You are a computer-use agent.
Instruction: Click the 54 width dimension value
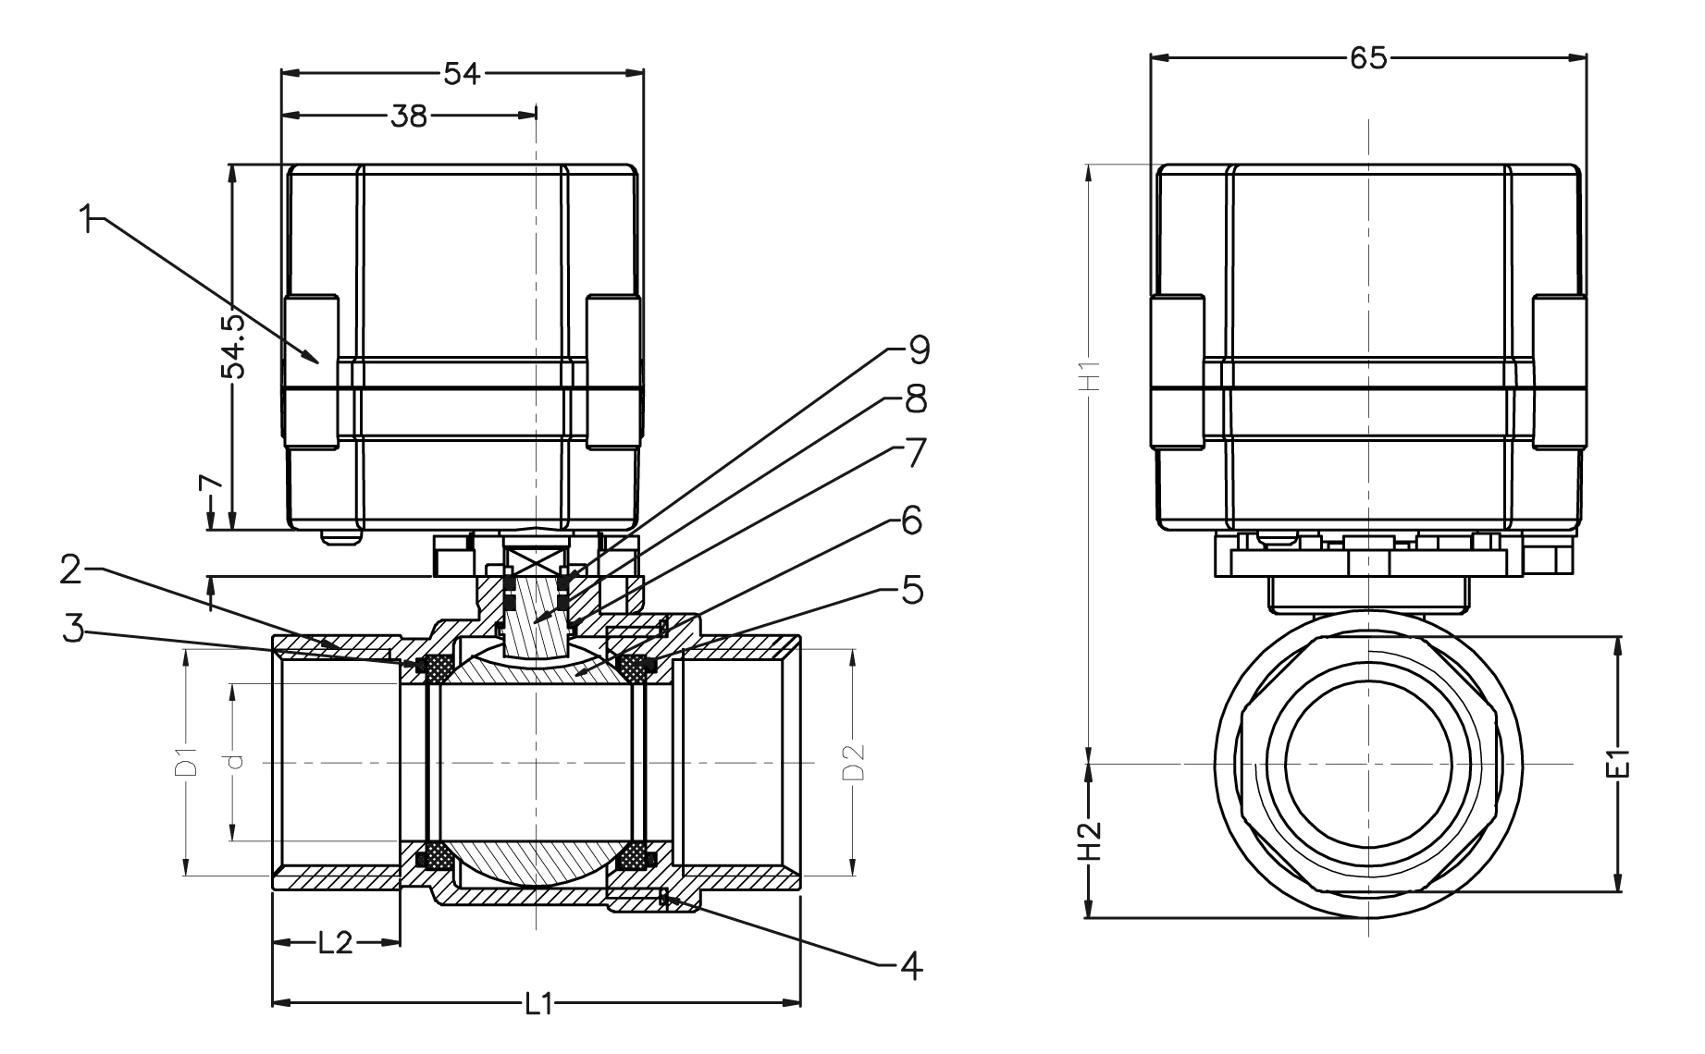coord(462,73)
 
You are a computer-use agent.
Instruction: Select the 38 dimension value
coord(409,116)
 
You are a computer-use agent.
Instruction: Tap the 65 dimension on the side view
coord(1368,57)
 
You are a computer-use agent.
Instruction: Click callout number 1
coord(88,221)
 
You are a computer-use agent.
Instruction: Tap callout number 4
coord(911,965)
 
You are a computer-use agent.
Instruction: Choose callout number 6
coord(911,521)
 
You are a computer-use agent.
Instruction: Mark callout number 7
coord(911,453)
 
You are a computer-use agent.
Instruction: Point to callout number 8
coord(914,400)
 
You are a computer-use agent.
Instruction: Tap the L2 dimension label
coord(335,943)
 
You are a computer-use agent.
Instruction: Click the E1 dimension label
coord(1618,764)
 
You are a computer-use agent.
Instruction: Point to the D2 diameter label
coord(852,761)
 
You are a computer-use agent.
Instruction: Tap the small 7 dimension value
coord(212,484)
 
